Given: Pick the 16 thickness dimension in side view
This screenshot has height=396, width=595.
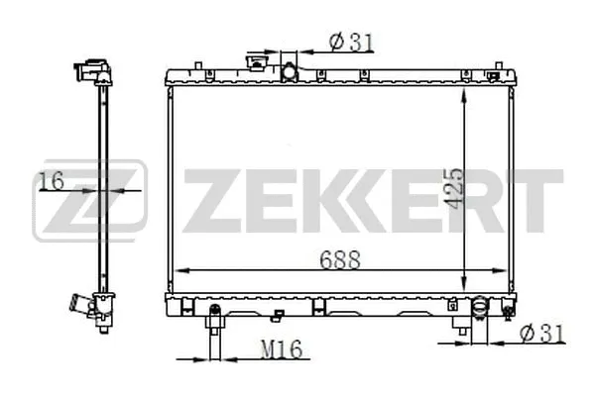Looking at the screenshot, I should pyautogui.click(x=51, y=180).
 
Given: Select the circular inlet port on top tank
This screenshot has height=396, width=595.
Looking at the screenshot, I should pyautogui.click(x=290, y=72).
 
